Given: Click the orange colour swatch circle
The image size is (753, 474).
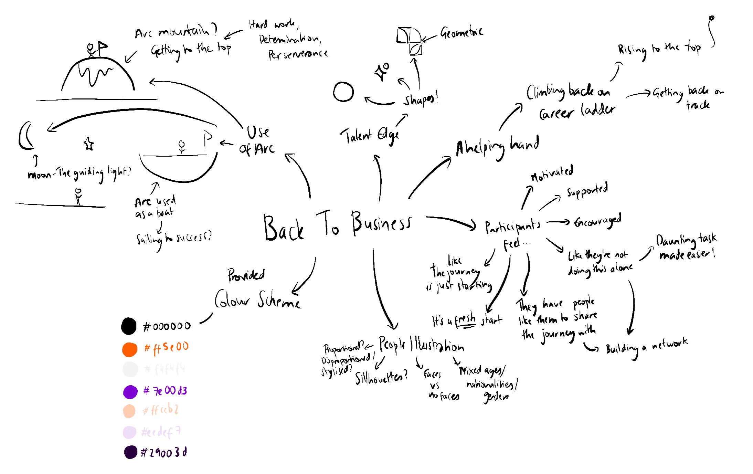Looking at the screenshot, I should (130, 349).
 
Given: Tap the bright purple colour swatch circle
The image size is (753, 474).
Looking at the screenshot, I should (130, 392).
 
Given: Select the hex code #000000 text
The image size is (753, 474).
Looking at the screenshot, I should (167, 326).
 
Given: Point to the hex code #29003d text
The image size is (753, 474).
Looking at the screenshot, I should (164, 452).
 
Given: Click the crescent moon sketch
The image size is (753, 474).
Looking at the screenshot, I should (25, 136).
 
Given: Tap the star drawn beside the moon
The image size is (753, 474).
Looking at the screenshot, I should (89, 144).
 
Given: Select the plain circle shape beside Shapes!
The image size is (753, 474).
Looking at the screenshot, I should (343, 92).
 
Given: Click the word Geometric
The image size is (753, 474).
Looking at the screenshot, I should (462, 33).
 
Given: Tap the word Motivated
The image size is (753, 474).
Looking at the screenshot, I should (552, 173).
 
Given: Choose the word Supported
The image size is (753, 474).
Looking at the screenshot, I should (587, 190).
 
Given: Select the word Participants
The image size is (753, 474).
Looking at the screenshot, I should (512, 227).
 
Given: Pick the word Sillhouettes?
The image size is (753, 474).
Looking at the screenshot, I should (381, 378).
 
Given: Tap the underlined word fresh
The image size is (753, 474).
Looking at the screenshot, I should (465, 320).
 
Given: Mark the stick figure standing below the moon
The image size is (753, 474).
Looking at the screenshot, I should (78, 196).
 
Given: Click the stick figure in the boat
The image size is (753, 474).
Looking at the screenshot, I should (182, 146).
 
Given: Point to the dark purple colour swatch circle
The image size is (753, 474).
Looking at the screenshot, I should (131, 452).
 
